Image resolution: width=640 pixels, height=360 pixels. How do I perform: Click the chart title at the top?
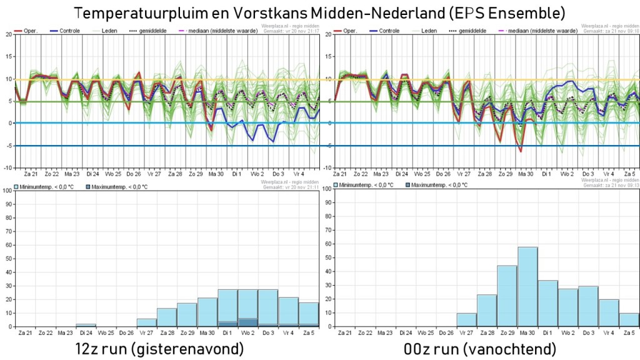coord(319,12)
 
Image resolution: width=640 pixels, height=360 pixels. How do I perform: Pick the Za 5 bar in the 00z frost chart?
coord(629,319)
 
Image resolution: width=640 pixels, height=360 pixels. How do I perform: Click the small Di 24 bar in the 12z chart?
coord(86,325)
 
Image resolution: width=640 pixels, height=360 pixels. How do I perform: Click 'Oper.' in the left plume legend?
coord(31,30)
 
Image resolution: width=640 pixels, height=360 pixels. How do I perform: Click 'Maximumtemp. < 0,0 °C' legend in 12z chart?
coord(119,186)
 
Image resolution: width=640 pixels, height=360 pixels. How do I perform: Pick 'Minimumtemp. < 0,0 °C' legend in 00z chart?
coord(366,186)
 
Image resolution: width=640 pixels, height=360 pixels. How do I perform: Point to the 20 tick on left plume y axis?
coord(8,34)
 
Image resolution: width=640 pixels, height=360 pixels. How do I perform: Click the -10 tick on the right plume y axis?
coord(328,167)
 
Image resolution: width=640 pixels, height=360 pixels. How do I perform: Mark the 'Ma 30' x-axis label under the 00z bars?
coord(527,333)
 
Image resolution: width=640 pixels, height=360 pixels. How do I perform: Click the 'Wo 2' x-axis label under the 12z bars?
coord(248,333)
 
